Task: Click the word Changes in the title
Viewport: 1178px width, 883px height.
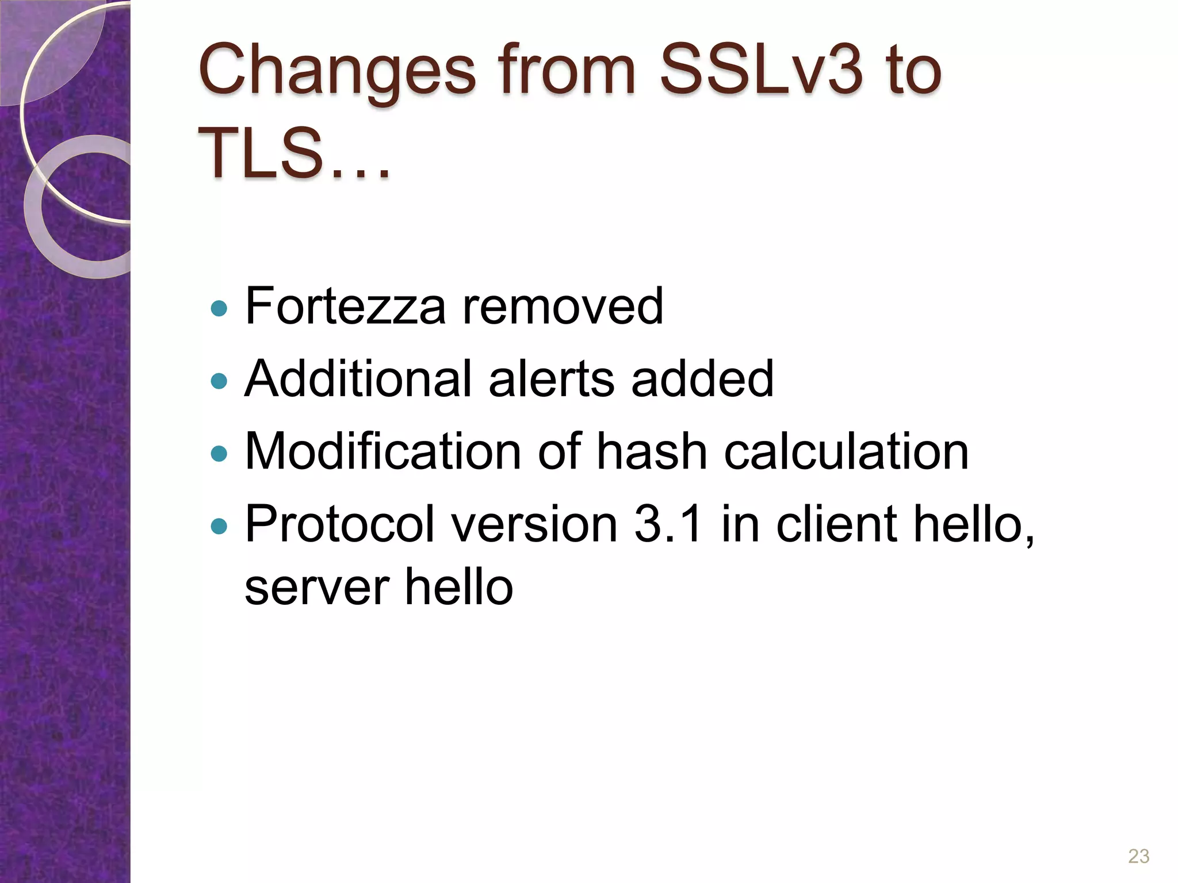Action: click(x=337, y=72)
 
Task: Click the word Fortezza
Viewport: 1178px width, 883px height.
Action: click(x=345, y=306)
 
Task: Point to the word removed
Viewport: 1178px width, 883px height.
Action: click(x=563, y=306)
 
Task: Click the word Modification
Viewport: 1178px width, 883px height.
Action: click(x=383, y=451)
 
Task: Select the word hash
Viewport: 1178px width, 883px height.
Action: click(x=651, y=451)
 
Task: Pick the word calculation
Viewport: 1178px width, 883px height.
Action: click(x=846, y=451)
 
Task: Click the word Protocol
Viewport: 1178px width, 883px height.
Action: click(x=340, y=524)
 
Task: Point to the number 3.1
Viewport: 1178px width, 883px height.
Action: click(x=668, y=524)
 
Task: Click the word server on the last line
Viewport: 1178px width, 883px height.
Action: click(x=316, y=588)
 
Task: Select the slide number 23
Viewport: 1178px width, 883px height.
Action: click(x=1138, y=856)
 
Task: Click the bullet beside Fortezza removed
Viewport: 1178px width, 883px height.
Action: click(x=219, y=309)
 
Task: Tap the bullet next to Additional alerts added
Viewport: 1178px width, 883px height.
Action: click(x=219, y=381)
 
